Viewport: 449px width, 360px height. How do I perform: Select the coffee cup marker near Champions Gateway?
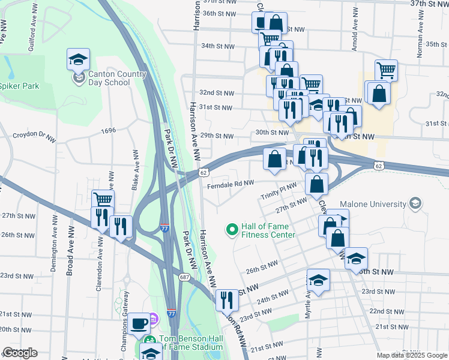(139, 323)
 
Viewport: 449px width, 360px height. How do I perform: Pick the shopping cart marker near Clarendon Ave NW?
(103, 199)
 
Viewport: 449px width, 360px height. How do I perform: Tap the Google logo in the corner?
(20, 353)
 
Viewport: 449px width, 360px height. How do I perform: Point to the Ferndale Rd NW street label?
(231, 183)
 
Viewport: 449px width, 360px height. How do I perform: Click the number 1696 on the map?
(109, 130)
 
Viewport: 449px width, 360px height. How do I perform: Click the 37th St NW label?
(429, 4)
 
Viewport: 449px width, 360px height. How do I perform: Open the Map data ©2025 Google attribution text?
(412, 355)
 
